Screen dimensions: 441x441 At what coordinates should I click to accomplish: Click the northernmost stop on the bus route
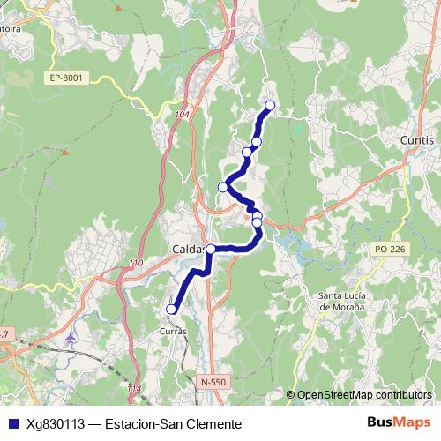(270, 106)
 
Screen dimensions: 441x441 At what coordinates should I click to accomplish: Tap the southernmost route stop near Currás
(171, 309)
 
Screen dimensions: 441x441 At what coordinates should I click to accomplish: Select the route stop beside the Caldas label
(211, 249)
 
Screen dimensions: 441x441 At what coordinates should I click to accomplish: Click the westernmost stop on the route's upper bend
(223, 186)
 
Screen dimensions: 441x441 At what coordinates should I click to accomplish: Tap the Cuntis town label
(416, 141)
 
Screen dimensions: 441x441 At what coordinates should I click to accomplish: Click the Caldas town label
(186, 250)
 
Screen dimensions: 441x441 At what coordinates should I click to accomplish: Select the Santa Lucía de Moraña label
(349, 301)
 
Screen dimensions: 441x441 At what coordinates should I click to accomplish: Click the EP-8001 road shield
(66, 78)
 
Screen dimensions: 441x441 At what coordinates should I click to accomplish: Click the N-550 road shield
(213, 382)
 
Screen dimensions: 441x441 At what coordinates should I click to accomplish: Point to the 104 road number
(183, 115)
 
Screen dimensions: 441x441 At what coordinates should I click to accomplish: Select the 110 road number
(135, 264)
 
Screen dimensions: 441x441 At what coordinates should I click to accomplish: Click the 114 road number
(133, 388)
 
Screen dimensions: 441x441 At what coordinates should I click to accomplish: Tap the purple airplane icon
(71, 338)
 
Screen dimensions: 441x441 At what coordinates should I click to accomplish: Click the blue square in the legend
(11, 424)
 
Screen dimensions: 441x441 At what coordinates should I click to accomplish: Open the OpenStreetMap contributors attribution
(364, 394)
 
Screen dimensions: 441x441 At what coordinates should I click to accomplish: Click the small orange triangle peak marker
(64, 151)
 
